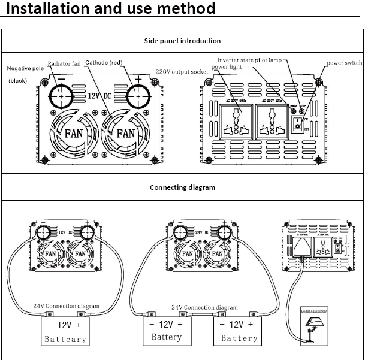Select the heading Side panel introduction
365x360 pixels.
(x=182, y=41)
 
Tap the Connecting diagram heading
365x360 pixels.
(x=182, y=187)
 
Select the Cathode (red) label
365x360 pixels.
(x=104, y=62)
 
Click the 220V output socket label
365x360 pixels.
(x=182, y=72)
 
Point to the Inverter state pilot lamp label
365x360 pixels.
(x=248, y=60)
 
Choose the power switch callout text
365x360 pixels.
(x=344, y=63)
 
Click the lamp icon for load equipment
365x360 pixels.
(x=313, y=327)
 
